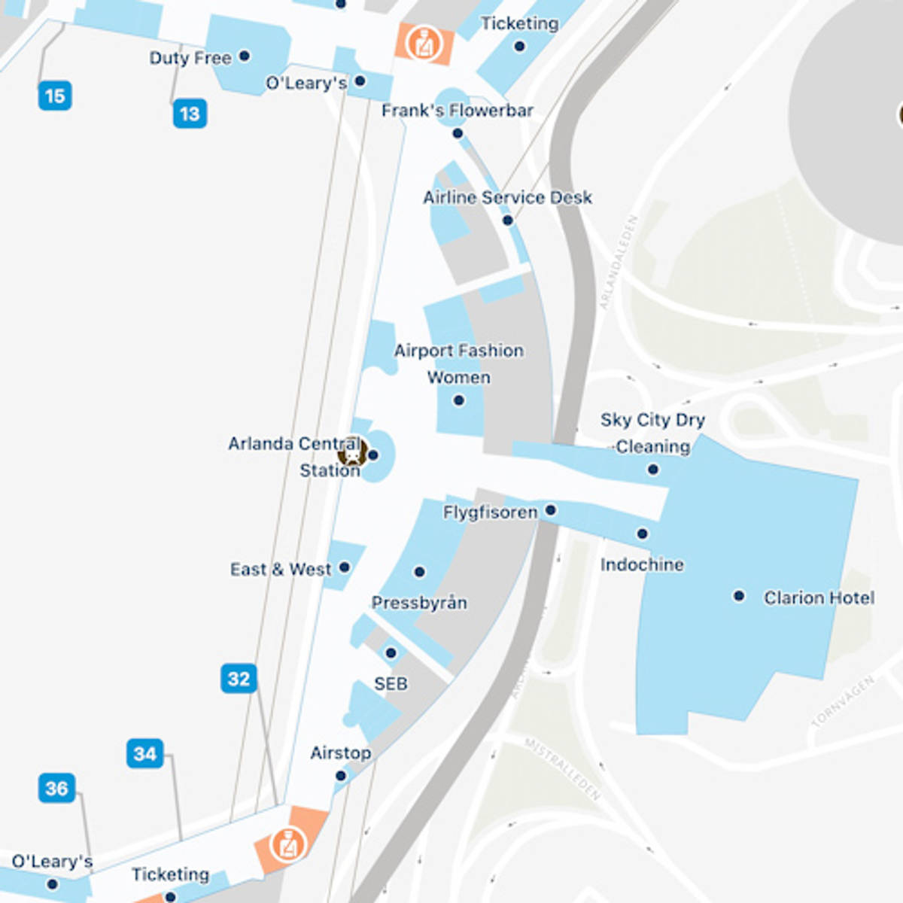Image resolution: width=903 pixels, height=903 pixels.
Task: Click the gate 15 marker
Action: click(55, 96)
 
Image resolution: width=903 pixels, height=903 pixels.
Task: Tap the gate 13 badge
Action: click(190, 114)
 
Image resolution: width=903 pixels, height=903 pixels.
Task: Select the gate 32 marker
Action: click(239, 678)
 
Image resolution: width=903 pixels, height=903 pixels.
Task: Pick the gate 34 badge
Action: click(145, 753)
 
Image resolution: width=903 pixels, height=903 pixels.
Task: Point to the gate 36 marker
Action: click(56, 788)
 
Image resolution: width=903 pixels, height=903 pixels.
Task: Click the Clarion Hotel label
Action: click(819, 597)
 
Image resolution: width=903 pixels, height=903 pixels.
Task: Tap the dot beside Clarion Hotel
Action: click(739, 596)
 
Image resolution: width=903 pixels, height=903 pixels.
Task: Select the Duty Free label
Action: click(190, 58)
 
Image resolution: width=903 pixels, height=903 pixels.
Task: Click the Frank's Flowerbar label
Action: click(457, 111)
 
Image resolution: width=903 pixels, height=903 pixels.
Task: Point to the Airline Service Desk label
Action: click(507, 198)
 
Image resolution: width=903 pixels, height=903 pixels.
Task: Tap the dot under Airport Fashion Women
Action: click(459, 400)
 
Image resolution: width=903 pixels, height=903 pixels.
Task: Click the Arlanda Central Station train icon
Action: click(351, 454)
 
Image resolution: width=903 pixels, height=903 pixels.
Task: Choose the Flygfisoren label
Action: click(490, 512)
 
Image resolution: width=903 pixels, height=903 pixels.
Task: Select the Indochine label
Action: click(642, 564)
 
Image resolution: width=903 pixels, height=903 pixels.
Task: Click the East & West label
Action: click(280, 569)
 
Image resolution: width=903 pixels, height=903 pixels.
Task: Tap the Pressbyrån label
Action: click(419, 603)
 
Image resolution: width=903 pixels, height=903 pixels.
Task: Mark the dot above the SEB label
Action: click(391, 653)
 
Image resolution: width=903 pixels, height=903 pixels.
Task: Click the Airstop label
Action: click(340, 752)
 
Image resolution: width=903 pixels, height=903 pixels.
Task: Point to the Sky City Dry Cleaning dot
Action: click(653, 470)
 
